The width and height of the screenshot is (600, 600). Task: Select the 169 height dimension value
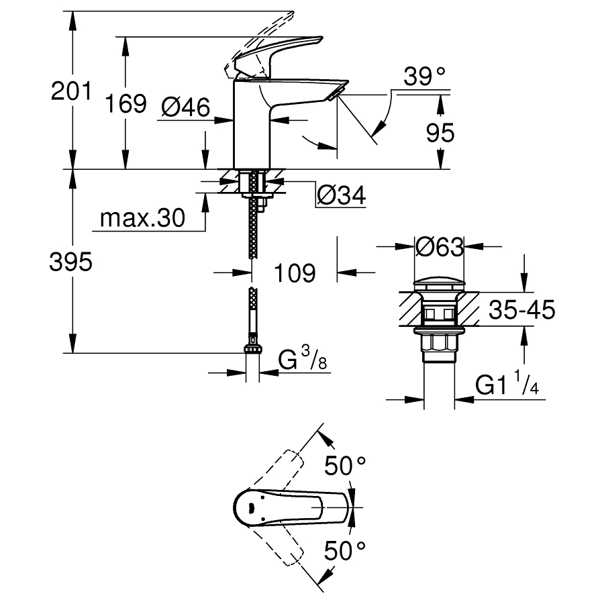click(x=126, y=104)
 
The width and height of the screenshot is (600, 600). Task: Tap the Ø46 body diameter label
click(x=186, y=106)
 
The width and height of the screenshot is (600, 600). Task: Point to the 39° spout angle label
click(x=425, y=78)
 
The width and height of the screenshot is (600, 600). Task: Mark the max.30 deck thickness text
click(x=141, y=219)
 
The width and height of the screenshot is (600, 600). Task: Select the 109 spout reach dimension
click(x=294, y=272)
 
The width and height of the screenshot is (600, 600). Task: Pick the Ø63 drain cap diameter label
click(x=440, y=248)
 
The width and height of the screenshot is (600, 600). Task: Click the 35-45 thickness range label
click(x=521, y=310)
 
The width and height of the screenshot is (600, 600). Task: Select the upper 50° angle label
click(x=346, y=464)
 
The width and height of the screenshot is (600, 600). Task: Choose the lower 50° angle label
click(x=346, y=551)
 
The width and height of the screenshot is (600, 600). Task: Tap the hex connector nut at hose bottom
click(x=252, y=349)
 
